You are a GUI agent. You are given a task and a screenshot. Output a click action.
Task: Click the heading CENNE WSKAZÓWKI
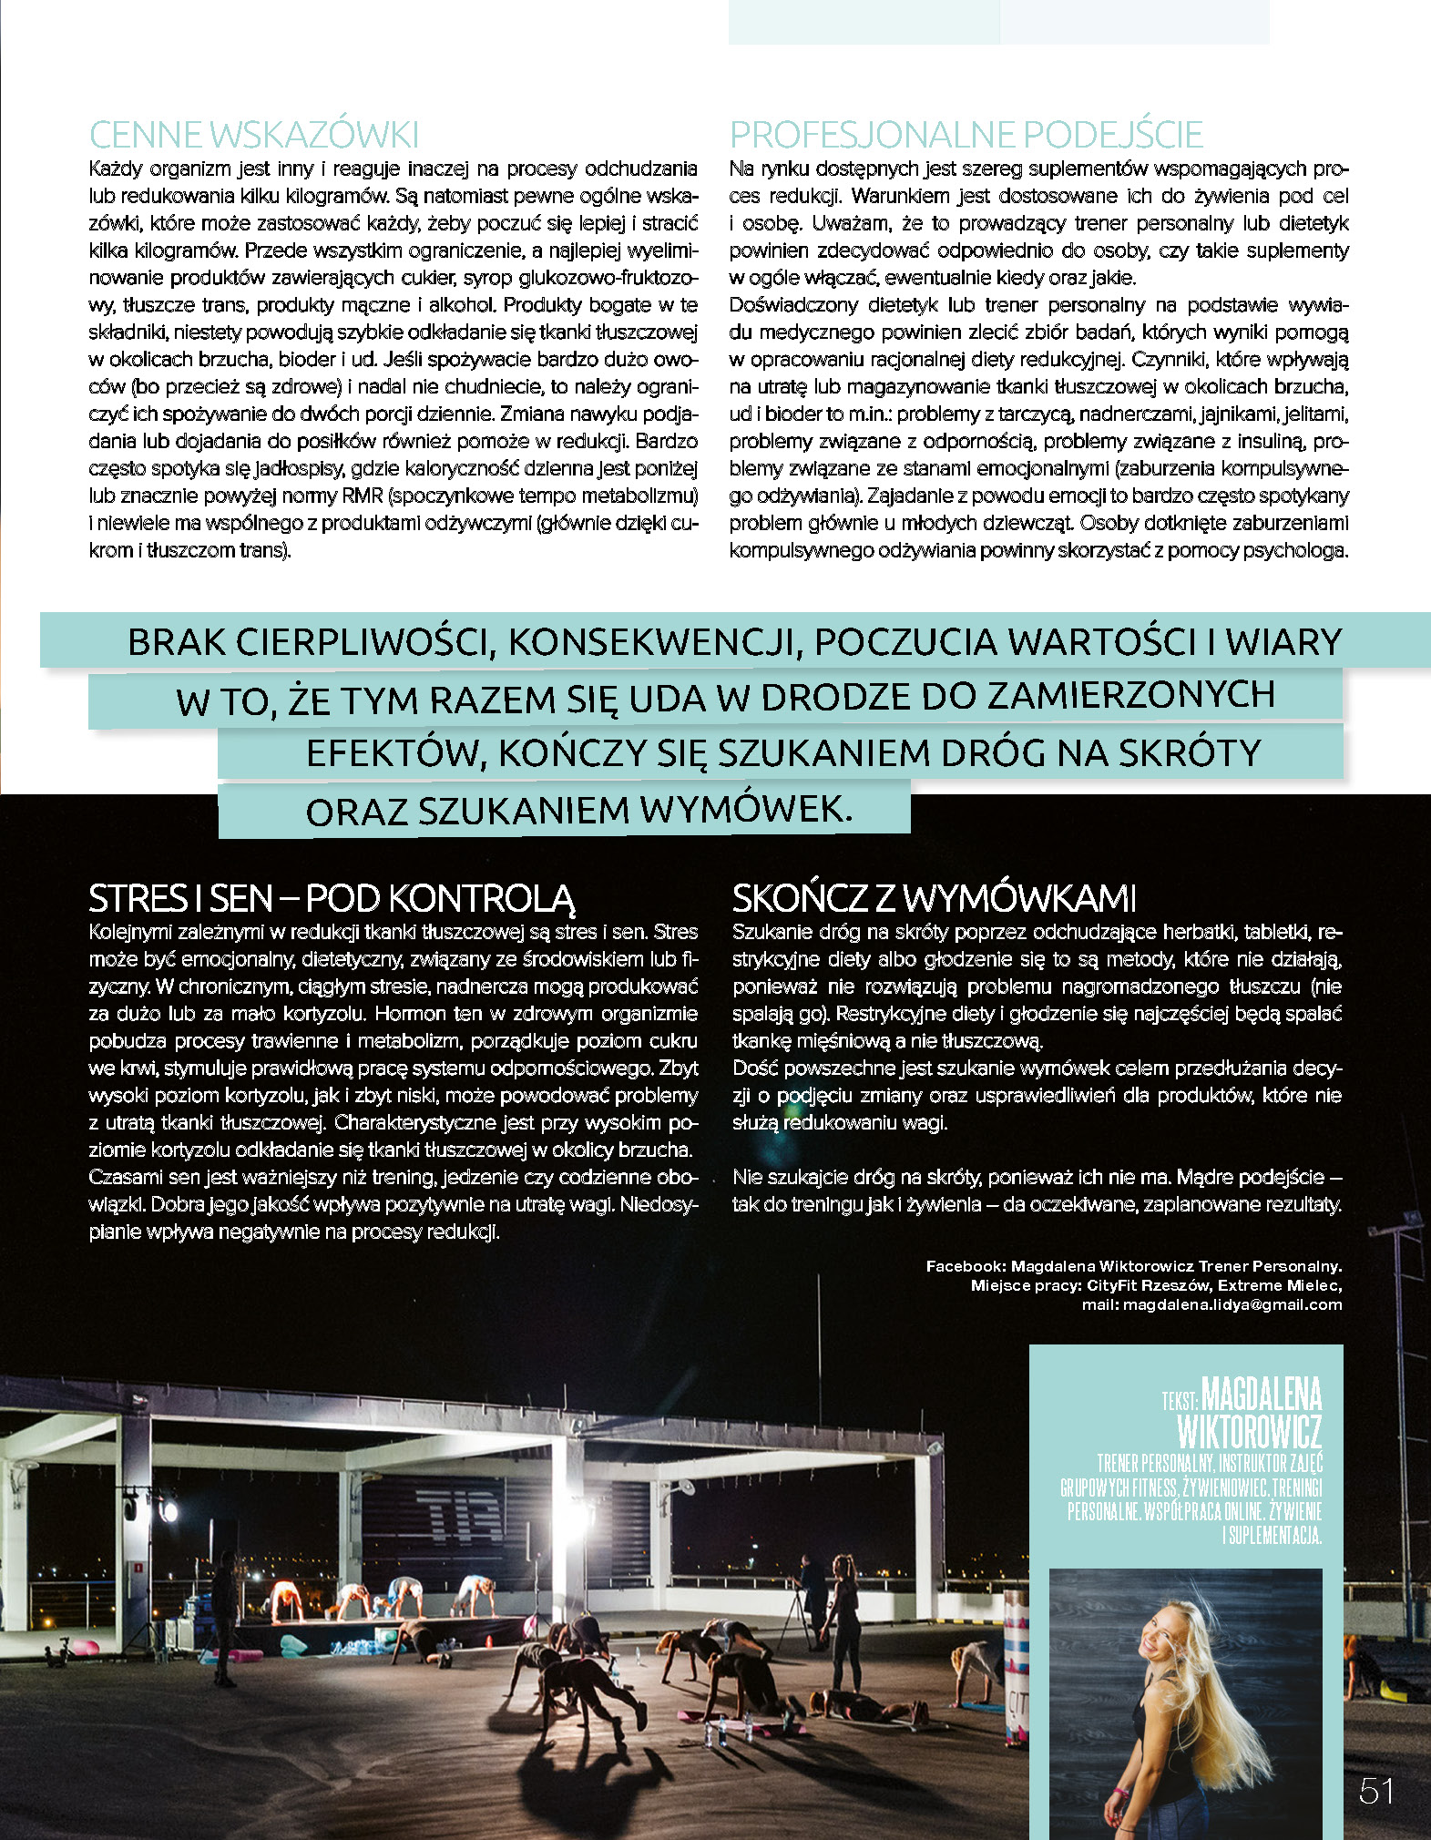pyautogui.click(x=254, y=135)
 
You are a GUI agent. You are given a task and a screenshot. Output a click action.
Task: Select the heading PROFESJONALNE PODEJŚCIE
pyautogui.click(x=966, y=135)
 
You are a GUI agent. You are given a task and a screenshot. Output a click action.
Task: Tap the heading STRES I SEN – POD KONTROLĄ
pyautogui.click(x=332, y=898)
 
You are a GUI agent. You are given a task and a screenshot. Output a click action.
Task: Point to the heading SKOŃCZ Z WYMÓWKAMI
pyautogui.click(x=935, y=898)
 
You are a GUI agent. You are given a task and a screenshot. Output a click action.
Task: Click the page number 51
pyautogui.click(x=1376, y=1791)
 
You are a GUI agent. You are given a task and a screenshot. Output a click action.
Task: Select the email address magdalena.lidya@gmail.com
pyautogui.click(x=1232, y=1304)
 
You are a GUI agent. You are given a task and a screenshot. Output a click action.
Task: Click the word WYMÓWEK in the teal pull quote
pyautogui.click(x=746, y=809)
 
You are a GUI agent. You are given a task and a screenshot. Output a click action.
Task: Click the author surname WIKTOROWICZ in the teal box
pyautogui.click(x=1249, y=1432)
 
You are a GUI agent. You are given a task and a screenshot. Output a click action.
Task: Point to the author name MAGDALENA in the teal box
pyautogui.click(x=1262, y=1395)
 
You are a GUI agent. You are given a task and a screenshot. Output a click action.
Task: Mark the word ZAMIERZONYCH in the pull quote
pyautogui.click(x=1131, y=696)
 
